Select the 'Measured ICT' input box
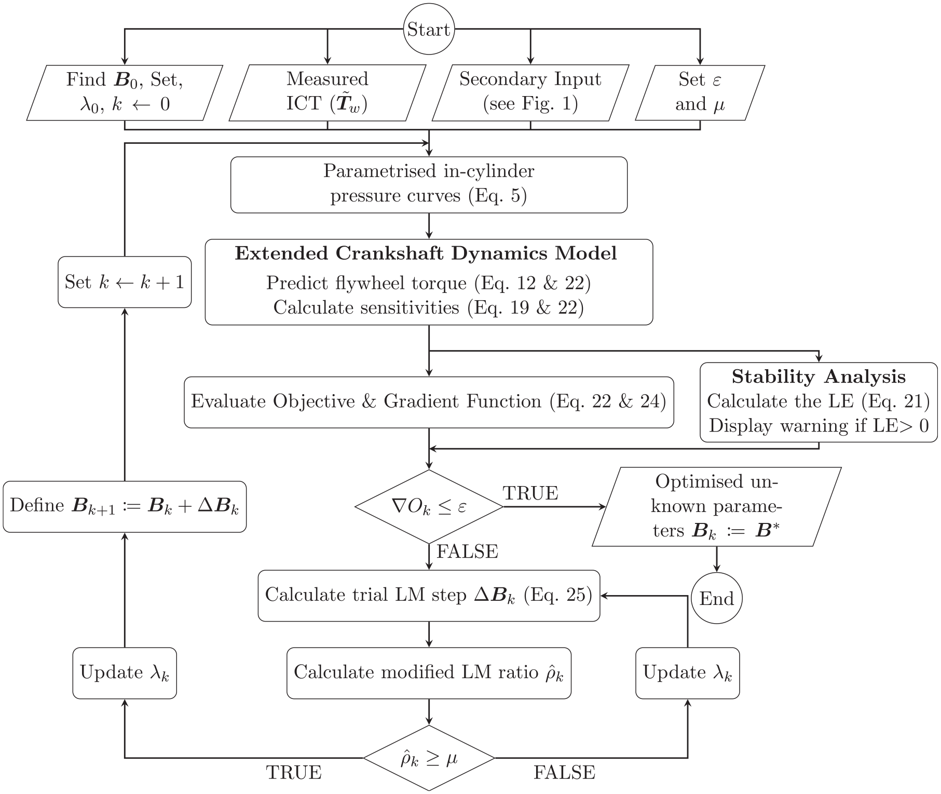[328, 93]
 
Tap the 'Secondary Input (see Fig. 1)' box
[530, 93]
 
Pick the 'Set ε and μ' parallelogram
[700, 93]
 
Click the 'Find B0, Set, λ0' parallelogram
[125, 93]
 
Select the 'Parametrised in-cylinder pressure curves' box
[429, 185]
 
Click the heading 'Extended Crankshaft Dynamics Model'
[426, 253]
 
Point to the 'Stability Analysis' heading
[819, 376]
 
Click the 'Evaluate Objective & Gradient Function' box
[429, 402]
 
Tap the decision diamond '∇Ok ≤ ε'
[429, 507]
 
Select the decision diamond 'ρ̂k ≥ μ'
[429, 758]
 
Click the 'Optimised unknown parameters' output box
[717, 507]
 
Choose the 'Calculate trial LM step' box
[429, 596]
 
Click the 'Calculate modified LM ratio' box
[429, 673]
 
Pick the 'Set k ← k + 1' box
[125, 282]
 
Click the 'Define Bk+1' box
[125, 507]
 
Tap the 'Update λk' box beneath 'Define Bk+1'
[125, 673]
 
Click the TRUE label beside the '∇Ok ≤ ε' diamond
[530, 493]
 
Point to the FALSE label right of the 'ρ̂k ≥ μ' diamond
[564, 773]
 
